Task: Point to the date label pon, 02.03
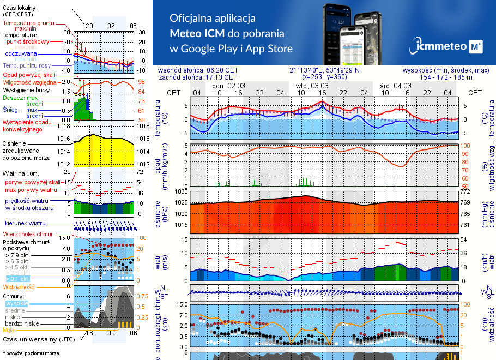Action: click(x=229, y=86)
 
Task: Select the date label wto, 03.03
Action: click(x=312, y=86)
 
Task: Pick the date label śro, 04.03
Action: click(x=396, y=86)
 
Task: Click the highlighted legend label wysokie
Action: click(x=16, y=303)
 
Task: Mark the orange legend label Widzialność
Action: click(x=19, y=286)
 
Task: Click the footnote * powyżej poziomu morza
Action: click(x=30, y=353)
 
